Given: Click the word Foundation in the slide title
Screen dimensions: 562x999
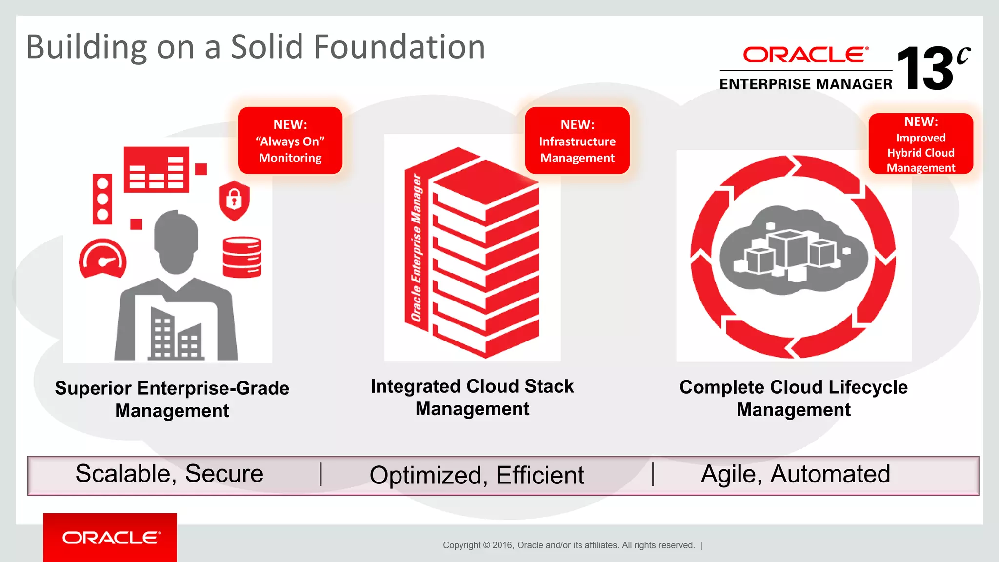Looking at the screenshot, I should point(399,47).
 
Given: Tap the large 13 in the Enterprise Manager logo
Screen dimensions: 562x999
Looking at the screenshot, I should point(925,69).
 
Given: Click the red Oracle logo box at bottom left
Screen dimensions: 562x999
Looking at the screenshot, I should point(110,537).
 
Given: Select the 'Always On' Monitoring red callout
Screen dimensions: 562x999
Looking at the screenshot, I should point(290,141).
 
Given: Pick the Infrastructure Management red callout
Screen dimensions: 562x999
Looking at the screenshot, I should point(577,141).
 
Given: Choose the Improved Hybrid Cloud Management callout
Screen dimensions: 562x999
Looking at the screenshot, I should point(920,144).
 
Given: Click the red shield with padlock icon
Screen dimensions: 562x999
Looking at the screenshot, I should point(234,200).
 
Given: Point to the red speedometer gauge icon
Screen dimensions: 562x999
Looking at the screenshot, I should point(102,259).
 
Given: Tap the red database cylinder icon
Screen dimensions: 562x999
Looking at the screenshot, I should point(242,257).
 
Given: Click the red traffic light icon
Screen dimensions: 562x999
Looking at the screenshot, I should point(102,199).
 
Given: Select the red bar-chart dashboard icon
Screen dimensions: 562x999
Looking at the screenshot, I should point(156,169).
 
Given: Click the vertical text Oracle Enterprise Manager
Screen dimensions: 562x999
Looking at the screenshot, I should point(416,248).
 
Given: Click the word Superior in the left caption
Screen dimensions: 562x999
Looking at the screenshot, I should point(93,388).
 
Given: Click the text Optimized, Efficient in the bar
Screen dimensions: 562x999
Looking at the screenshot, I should point(477,475).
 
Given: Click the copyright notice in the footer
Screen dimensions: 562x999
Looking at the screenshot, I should point(569,545).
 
